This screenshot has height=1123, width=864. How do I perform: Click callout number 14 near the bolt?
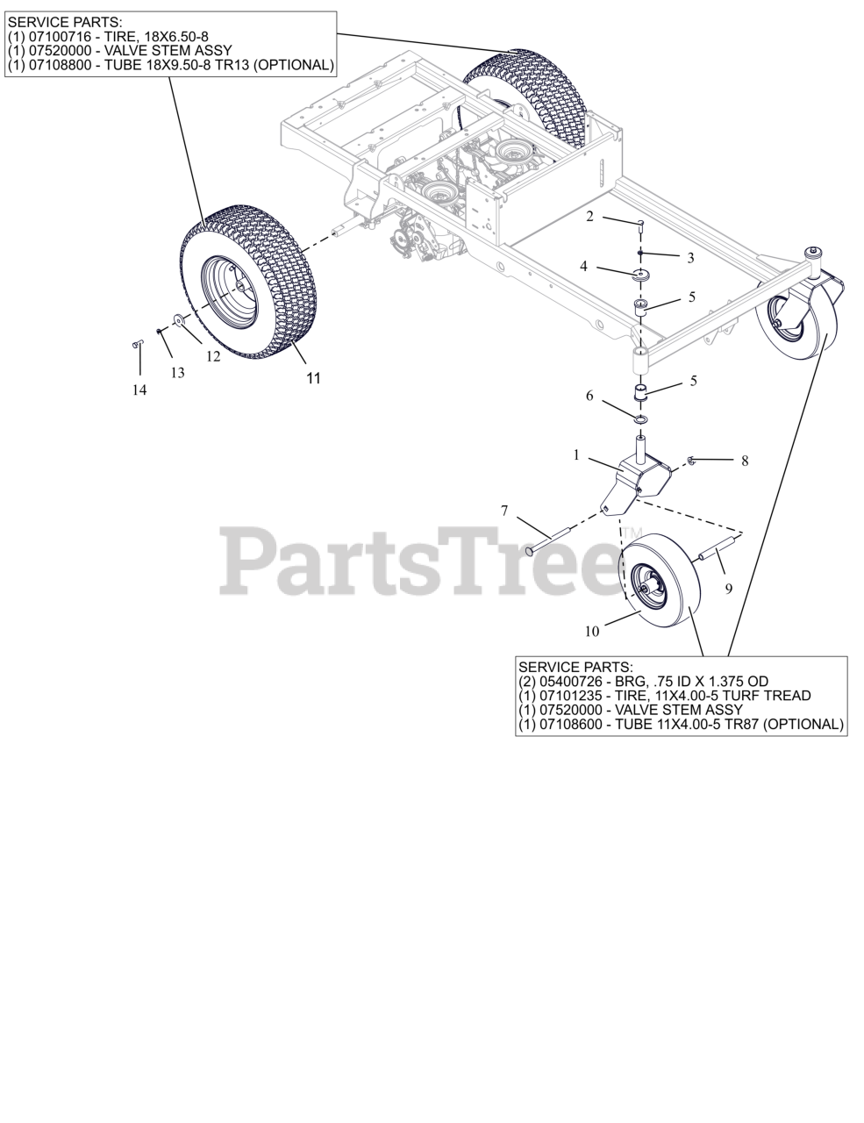[139, 390]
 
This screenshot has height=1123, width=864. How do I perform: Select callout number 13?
[178, 373]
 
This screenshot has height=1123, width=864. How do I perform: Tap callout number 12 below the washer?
[213, 356]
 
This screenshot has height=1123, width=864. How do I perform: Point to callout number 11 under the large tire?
[313, 378]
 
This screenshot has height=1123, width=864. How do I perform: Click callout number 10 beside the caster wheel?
[592, 630]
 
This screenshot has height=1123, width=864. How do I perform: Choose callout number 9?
[728, 590]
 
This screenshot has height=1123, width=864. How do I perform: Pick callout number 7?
[504, 510]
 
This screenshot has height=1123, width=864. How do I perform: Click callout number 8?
[745, 461]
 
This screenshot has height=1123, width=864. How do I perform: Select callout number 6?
[589, 397]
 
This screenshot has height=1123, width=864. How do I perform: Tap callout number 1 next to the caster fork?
[576, 455]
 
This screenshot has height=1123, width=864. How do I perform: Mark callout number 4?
[583, 266]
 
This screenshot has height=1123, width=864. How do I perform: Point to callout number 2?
[590, 216]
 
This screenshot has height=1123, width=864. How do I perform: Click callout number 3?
[690, 258]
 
